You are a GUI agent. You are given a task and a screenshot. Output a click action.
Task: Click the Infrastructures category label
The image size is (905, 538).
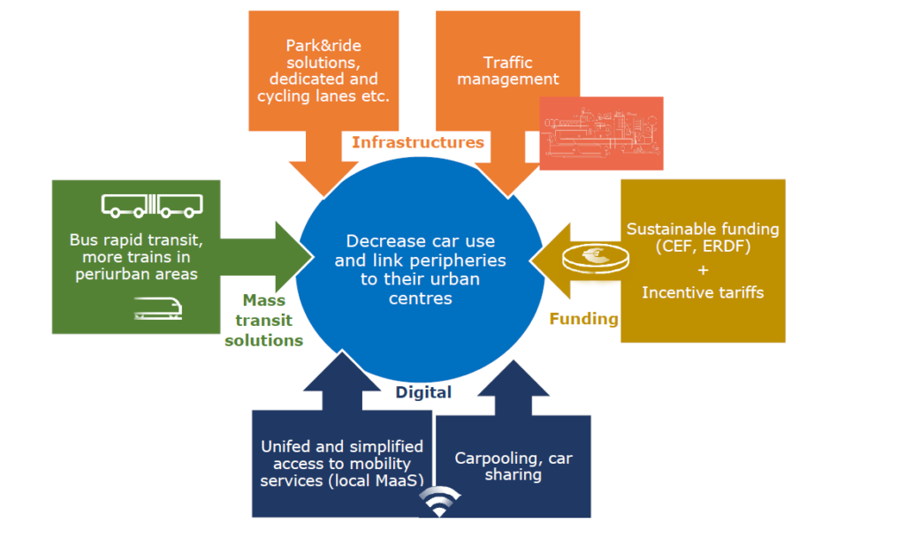coord(418,142)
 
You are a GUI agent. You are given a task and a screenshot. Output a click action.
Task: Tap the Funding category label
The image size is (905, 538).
coord(583,319)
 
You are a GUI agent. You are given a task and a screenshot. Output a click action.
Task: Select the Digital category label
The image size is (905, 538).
coord(423,392)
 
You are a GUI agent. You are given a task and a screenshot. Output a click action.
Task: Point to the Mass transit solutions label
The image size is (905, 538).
coord(263,321)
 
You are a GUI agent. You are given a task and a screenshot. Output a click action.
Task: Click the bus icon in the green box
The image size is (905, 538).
coord(153,206)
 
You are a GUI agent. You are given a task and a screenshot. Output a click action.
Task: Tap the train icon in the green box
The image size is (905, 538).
coord(159,307)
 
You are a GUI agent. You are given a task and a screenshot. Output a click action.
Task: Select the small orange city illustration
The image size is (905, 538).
coord(601,133)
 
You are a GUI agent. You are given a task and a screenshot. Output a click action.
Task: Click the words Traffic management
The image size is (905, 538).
coord(508,71)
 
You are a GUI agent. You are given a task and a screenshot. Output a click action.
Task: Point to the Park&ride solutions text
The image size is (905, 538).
coord(323,71)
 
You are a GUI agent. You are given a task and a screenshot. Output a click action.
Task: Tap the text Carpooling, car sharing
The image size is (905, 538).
coord(513,466)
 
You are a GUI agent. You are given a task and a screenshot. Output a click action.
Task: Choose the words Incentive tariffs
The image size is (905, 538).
coord(703,292)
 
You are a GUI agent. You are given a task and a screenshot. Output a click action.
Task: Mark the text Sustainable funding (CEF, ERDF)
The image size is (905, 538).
coord(703,237)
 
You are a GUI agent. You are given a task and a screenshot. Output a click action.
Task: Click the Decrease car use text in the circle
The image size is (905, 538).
coord(421,269)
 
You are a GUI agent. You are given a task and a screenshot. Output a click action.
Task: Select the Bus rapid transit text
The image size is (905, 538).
coord(135,256)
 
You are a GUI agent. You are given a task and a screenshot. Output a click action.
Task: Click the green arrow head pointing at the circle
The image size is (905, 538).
coord(296,256)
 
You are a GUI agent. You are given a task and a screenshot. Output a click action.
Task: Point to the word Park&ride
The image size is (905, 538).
coord(323,45)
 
